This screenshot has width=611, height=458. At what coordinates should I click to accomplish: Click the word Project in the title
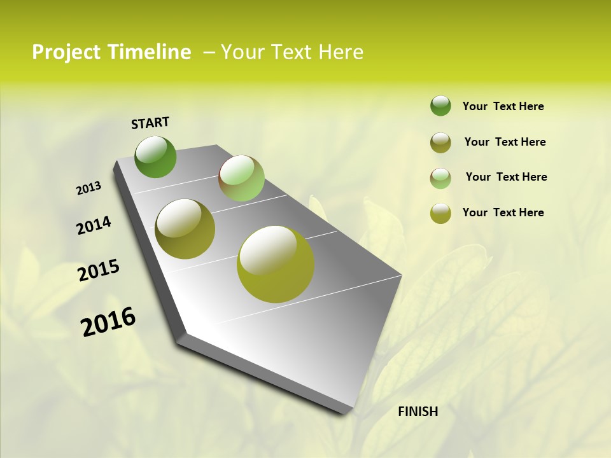click(x=66, y=52)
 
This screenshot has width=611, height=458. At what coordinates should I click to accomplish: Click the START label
click(x=150, y=123)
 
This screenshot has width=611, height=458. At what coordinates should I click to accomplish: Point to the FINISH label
click(x=418, y=412)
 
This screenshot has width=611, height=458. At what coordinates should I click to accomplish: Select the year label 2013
click(x=89, y=188)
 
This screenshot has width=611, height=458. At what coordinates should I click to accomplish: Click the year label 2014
click(x=94, y=226)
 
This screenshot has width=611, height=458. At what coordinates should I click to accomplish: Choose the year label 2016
click(x=108, y=322)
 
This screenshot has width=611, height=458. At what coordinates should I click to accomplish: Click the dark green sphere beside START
click(x=155, y=156)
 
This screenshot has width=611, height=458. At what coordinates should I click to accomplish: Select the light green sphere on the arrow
click(x=241, y=178)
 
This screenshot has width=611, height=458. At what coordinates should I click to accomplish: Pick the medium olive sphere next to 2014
click(x=185, y=229)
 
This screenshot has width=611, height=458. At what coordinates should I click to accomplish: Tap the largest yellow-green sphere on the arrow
click(x=276, y=264)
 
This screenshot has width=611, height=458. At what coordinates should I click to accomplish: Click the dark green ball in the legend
click(x=440, y=106)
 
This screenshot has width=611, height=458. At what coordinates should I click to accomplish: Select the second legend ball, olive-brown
click(x=440, y=142)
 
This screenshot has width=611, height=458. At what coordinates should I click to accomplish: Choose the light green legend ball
click(x=440, y=178)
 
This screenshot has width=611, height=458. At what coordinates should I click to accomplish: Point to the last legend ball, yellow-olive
click(x=440, y=213)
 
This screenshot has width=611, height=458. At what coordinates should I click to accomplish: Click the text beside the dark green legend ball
click(x=503, y=107)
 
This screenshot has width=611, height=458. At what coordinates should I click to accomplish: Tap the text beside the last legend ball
click(x=503, y=212)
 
